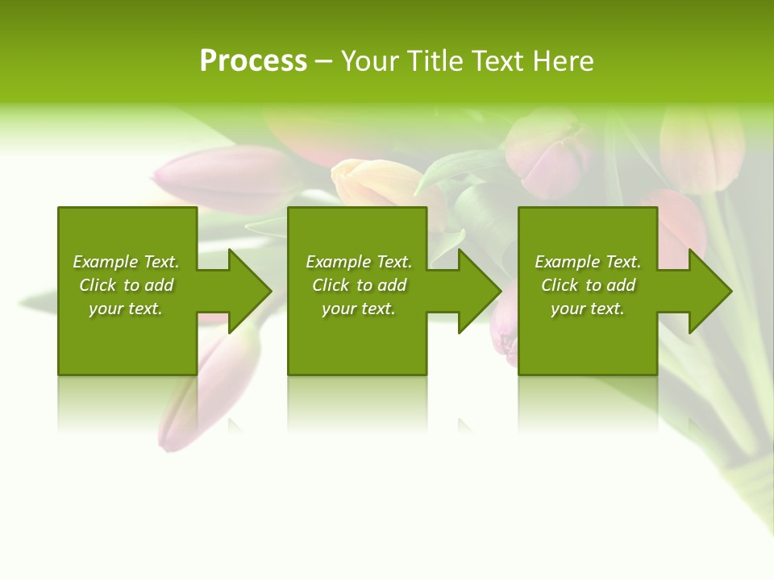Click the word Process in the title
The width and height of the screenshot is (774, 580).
pyautogui.click(x=253, y=61)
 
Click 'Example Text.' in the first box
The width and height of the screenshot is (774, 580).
pyautogui.click(x=126, y=262)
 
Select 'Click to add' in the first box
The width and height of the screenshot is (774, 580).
pyautogui.click(x=126, y=285)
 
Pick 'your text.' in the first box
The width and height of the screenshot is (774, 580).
pyautogui.click(x=126, y=309)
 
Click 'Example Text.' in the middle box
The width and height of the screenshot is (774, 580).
pyautogui.click(x=359, y=262)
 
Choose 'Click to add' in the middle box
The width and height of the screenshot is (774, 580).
pyautogui.click(x=359, y=285)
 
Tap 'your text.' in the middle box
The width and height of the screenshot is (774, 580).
pyautogui.click(x=359, y=309)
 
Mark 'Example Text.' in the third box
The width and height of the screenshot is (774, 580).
pyautogui.click(x=588, y=262)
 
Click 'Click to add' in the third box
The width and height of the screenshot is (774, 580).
pyautogui.click(x=588, y=285)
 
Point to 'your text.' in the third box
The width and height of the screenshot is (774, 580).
pyautogui.click(x=588, y=309)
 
